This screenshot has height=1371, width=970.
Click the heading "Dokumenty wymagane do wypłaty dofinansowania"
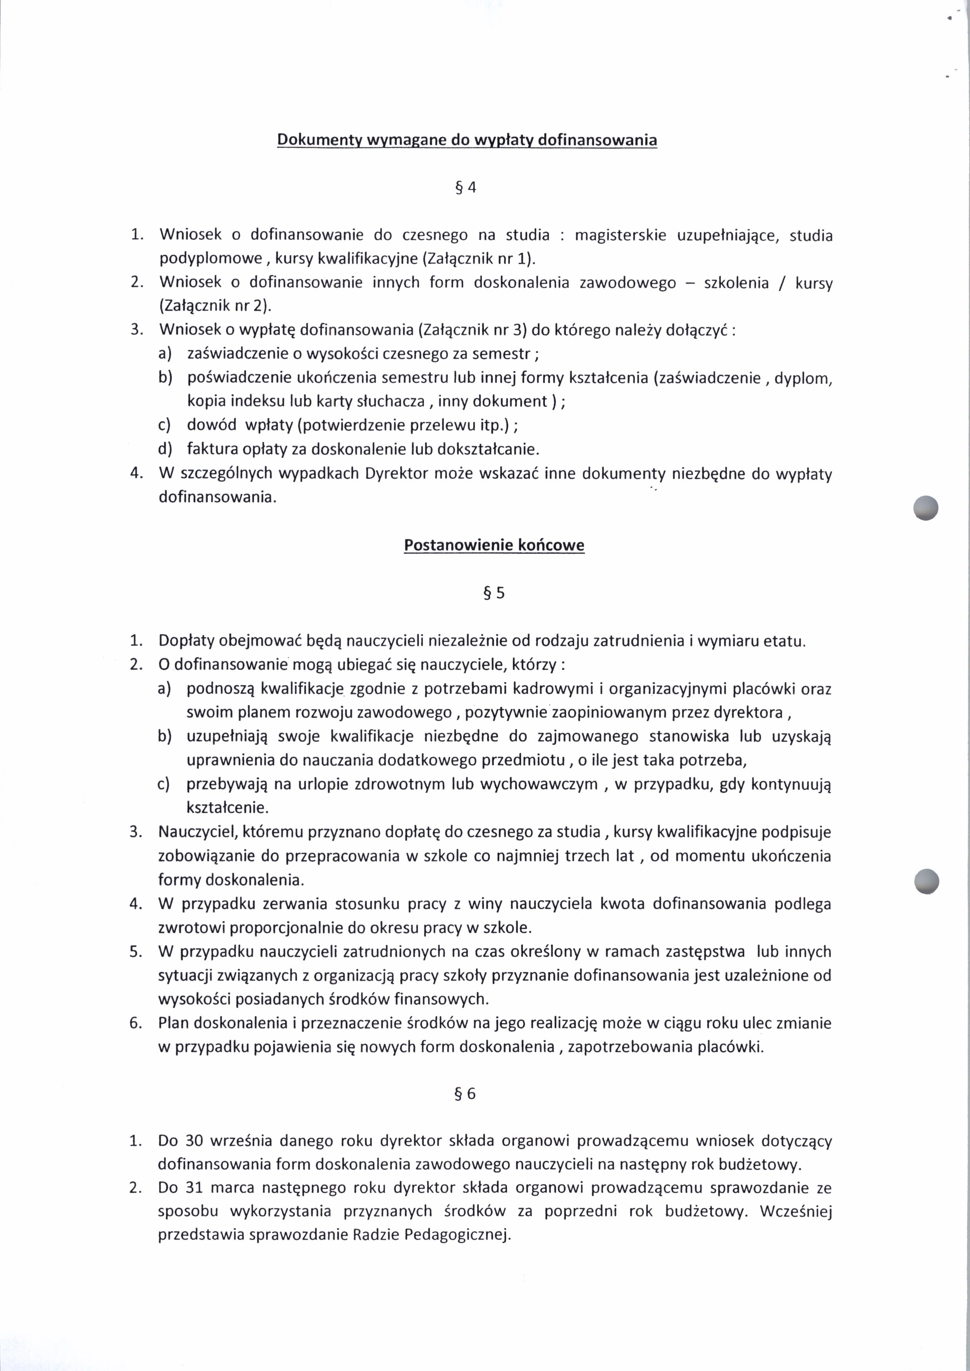pyautogui.click(x=467, y=140)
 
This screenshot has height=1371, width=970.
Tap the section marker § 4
pyautogui.click(x=467, y=188)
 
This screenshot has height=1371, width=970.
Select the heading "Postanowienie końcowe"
pyautogui.click(x=494, y=545)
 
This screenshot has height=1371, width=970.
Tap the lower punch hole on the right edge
pyautogui.click(x=927, y=881)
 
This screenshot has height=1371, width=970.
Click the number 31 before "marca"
pyautogui.click(x=195, y=1188)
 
